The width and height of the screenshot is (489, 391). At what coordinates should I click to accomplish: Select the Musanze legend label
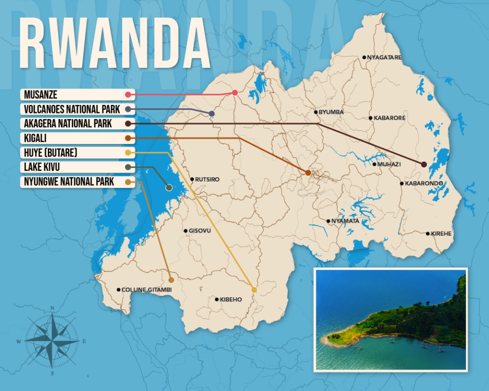point(41,95)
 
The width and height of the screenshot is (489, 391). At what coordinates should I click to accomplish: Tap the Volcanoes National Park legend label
point(72,109)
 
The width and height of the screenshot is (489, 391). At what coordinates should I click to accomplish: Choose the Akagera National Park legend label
point(68,124)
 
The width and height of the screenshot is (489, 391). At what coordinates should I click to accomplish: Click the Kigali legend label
point(35,138)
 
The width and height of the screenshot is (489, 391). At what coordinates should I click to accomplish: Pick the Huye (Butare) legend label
point(50,153)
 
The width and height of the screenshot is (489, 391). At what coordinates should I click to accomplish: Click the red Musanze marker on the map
point(235,93)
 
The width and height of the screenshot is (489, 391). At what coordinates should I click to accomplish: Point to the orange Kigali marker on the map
point(308,173)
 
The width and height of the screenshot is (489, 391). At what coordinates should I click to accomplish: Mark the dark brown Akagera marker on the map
point(424,164)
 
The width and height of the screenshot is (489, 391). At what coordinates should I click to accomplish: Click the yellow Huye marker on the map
point(254,290)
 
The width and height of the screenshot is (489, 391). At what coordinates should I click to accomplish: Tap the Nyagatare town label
point(384,58)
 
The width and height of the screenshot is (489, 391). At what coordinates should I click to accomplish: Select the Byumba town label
point(331,112)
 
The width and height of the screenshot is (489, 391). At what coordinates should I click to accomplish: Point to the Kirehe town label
point(441,234)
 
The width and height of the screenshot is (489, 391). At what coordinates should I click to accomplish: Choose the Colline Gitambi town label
point(147,290)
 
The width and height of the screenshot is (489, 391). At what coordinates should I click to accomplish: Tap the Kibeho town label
point(231,299)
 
